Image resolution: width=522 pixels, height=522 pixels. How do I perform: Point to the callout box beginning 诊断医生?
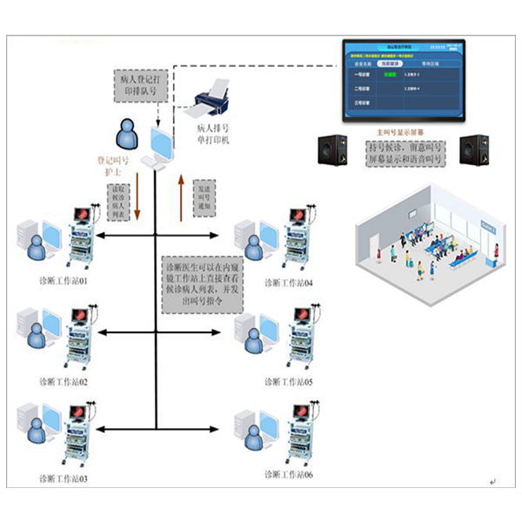point(204,281)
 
